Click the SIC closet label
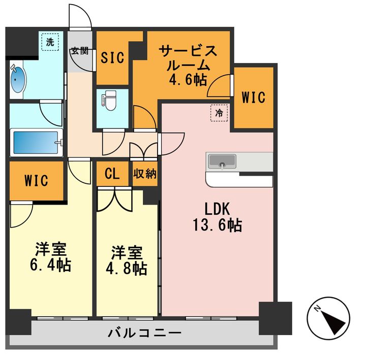coord(112,57)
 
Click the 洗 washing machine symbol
coord(50,43)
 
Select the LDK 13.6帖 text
coord(218,217)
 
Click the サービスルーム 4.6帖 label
coord(188,66)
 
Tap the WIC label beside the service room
coord(253,97)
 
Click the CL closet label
coord(112,174)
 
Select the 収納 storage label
coord(145,174)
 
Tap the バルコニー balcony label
coord(144,334)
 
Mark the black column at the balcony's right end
coord(275,317)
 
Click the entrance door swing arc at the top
coord(80,18)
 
